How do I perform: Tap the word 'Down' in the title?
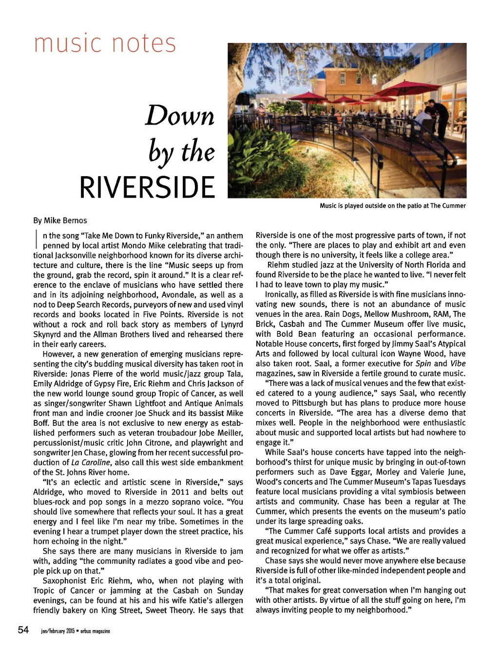click(x=180, y=116)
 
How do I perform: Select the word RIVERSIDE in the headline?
click(x=147, y=187)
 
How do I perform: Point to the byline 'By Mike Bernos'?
click(x=60, y=220)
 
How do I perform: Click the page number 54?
click(x=23, y=630)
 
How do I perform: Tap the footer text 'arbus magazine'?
click(x=95, y=631)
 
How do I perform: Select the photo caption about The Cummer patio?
click(x=392, y=206)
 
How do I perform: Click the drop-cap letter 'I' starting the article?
click(x=37, y=240)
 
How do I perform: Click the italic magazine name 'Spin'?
click(x=423, y=363)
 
